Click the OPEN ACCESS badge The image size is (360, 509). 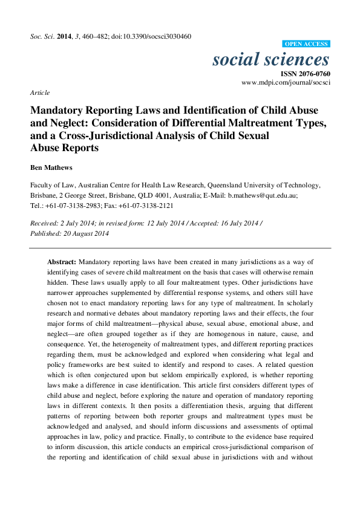306,44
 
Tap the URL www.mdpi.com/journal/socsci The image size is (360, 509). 286,82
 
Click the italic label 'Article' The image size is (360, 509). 39,92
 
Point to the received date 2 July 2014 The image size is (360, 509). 74,224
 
